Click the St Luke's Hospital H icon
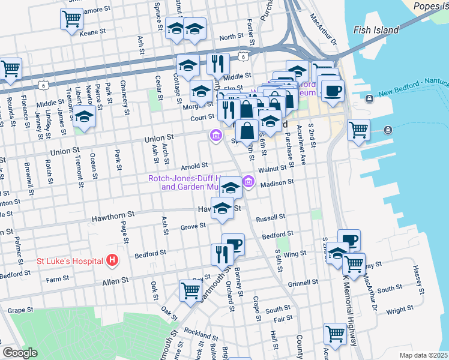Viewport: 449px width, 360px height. tap(112, 260)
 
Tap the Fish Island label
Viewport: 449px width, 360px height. tap(376, 30)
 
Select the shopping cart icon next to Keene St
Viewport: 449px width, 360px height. tap(71, 19)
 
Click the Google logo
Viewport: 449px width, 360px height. tap(19, 353)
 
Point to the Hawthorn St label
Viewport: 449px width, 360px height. tap(114, 220)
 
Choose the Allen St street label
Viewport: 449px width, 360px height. tap(116, 280)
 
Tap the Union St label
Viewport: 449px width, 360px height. tap(158, 139)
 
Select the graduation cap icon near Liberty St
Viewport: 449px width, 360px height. tap(85, 118)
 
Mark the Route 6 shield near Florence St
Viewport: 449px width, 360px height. tap(43, 85)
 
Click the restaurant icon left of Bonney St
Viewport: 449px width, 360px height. tap(220, 254)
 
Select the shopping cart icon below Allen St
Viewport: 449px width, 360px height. tap(190, 290)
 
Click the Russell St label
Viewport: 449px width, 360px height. tap(270, 218)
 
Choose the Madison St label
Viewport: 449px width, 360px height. tap(277, 182)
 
